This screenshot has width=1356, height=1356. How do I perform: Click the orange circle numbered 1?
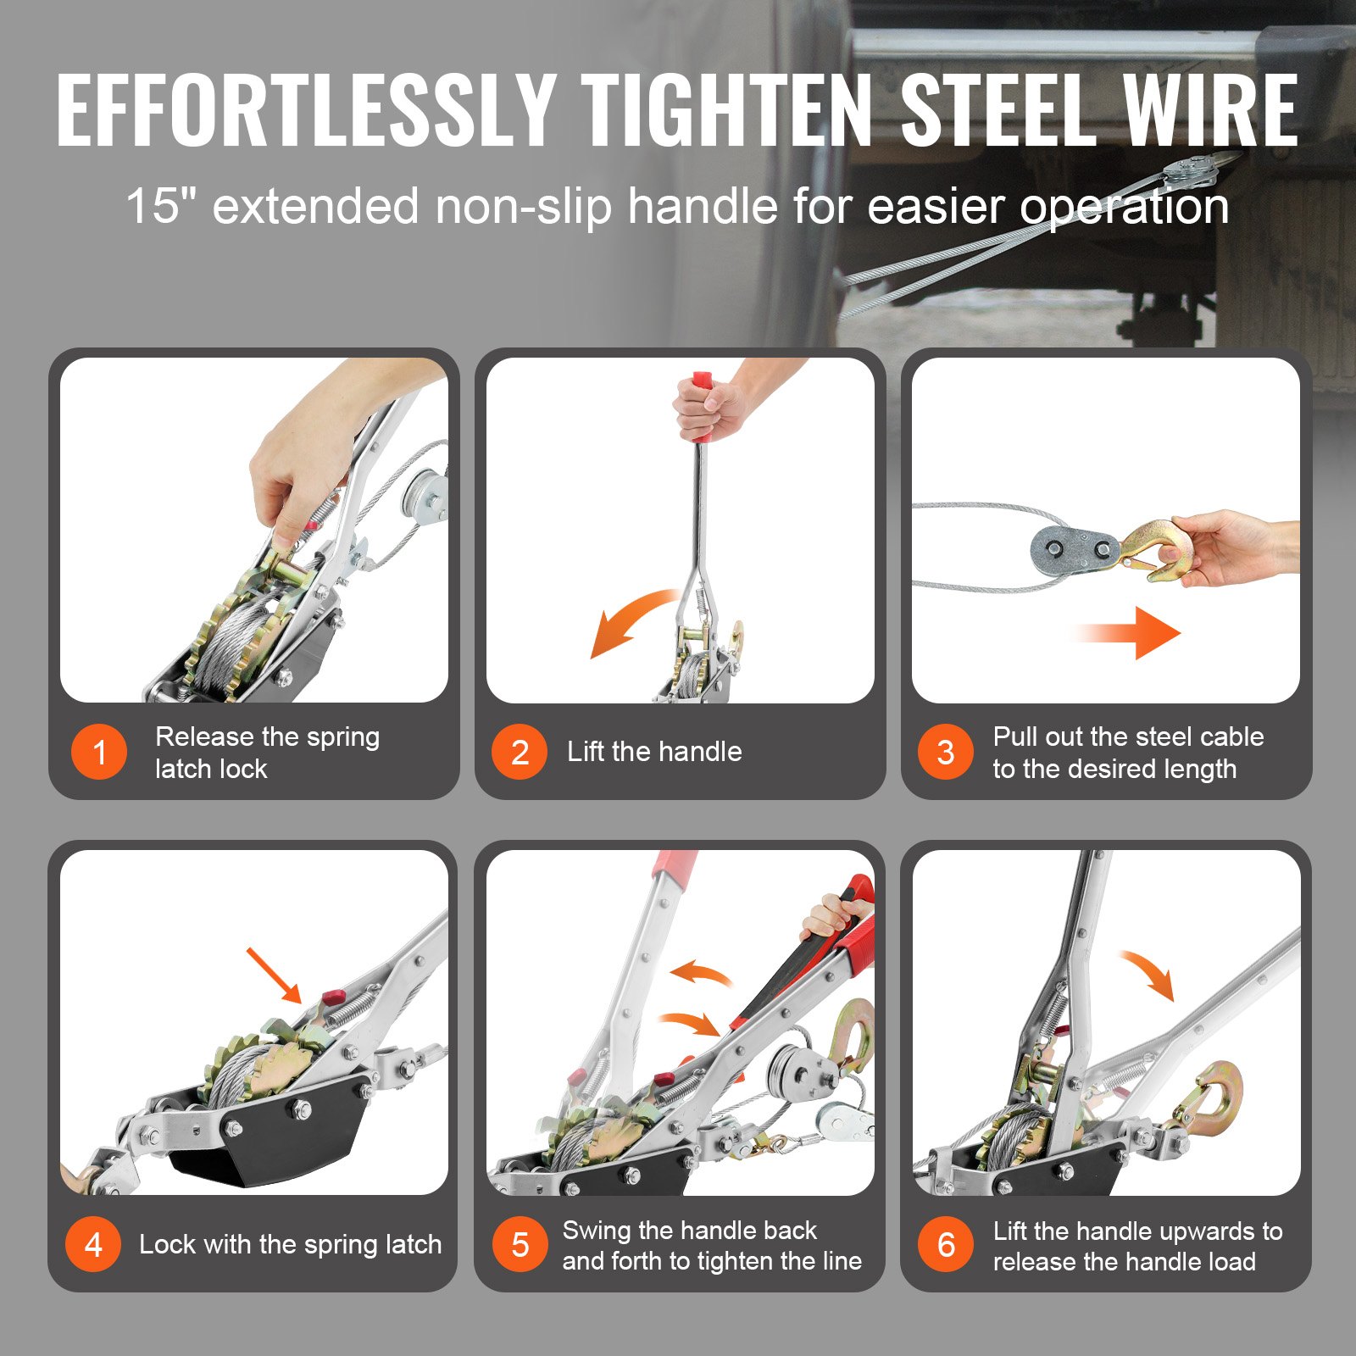[99, 752]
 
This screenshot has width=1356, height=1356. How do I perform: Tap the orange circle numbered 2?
[520, 752]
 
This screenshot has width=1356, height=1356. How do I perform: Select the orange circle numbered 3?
[946, 752]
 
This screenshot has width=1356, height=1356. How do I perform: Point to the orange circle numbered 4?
[93, 1244]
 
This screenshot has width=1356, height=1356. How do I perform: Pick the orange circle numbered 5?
[520, 1244]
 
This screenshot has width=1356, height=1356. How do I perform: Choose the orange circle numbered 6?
[946, 1244]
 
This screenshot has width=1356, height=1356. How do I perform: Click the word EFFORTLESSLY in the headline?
[305, 111]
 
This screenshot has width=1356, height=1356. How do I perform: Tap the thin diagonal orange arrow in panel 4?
[274, 975]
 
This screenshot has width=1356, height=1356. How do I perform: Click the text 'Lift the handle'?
[654, 752]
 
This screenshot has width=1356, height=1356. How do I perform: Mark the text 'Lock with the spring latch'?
[290, 1244]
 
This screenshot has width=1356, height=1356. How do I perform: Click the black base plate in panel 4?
[271, 1136]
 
